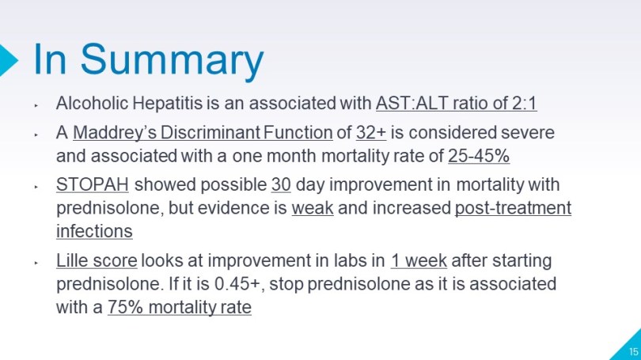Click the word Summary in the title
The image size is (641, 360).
172,60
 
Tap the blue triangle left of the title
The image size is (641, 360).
8,60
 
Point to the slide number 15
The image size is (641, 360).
633,351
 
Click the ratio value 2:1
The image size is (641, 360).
525,103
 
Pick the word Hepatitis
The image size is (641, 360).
168,103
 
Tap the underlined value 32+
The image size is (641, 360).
371,132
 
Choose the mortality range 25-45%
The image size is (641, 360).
479,156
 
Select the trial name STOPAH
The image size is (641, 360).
93,184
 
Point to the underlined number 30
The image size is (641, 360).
281,184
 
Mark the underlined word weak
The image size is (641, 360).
313,208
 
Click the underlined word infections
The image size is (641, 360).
94,231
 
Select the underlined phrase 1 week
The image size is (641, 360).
419,260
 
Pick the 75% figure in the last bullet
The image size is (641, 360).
125,307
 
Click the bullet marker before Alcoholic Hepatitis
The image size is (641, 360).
36,105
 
